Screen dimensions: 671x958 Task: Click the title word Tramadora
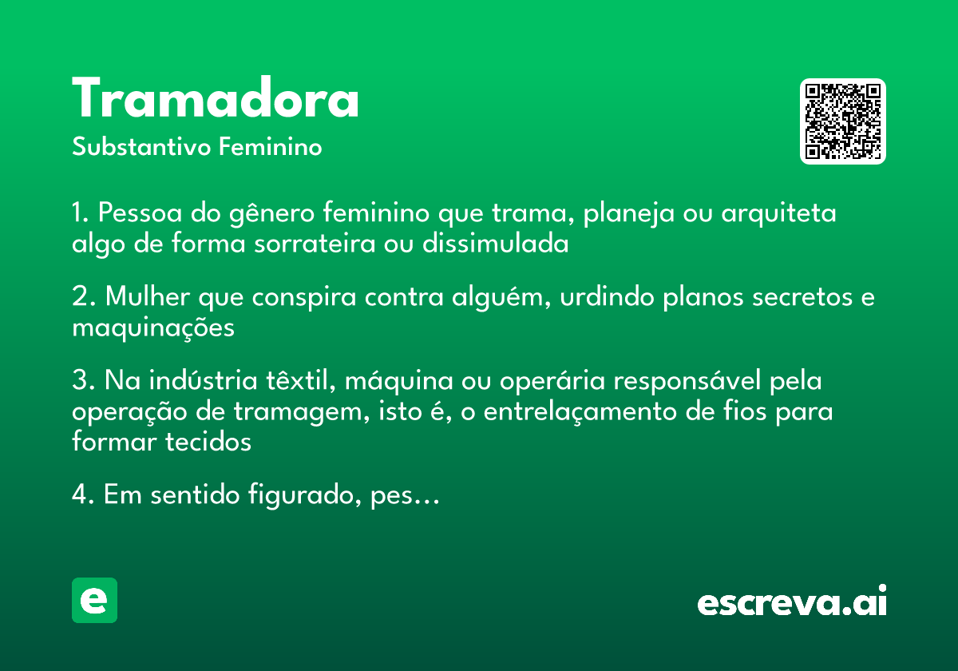point(216,100)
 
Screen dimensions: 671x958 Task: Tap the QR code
point(843,121)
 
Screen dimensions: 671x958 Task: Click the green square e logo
point(94,600)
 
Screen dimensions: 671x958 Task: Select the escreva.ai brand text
point(792,602)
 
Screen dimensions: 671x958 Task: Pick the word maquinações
point(153,328)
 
